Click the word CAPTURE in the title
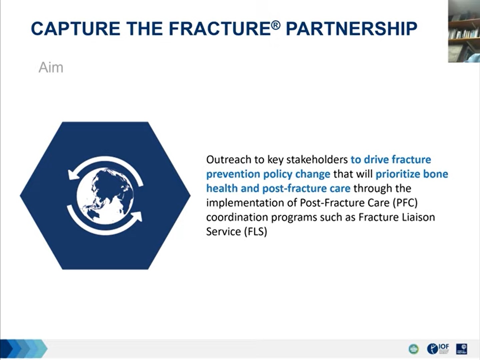coord(76,28)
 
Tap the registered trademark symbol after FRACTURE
coord(276,25)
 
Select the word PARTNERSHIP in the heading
coord(351,28)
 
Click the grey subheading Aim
coord(51,68)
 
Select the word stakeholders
coord(317,160)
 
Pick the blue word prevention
coord(233,174)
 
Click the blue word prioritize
coord(398,174)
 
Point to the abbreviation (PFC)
coord(405,203)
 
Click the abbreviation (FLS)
coord(255,232)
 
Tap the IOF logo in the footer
coord(438,348)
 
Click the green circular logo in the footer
coord(414,349)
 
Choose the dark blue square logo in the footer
coord(462,349)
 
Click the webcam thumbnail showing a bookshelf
coord(464,31)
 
